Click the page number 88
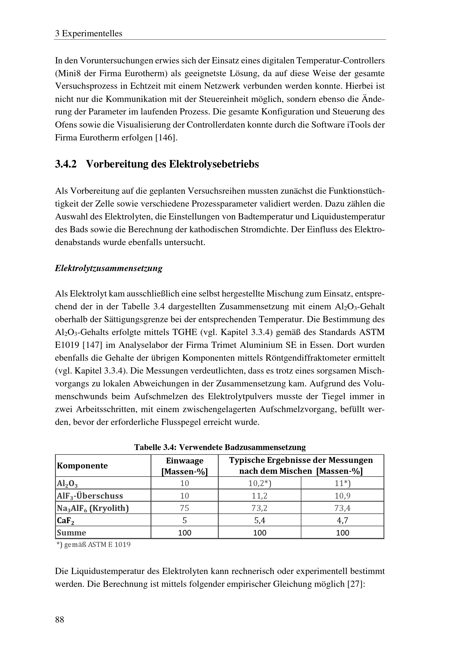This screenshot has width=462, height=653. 60,619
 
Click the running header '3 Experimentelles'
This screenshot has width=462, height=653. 89,34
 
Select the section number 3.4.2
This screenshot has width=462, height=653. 66,164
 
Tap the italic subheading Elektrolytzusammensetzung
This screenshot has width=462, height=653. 109,268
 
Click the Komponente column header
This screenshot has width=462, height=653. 82,466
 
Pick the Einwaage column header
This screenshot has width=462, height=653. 185,466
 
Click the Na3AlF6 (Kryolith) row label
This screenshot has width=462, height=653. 93,508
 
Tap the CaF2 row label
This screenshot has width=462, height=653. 66,520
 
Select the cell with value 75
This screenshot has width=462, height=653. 185,508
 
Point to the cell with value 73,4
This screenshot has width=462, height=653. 342,508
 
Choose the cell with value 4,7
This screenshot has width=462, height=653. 342,520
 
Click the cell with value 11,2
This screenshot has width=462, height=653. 259,496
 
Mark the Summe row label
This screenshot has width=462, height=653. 72,533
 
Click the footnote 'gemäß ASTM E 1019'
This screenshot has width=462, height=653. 94,545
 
